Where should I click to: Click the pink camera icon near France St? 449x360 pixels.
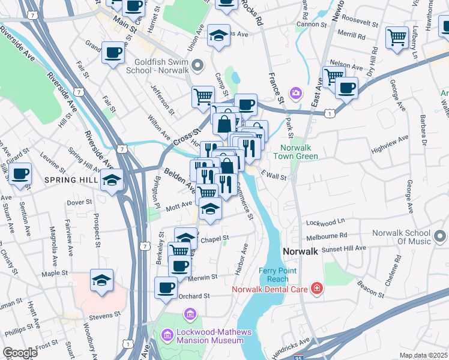pyautogui.click(x=295, y=92)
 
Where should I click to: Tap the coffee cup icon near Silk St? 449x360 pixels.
pyautogui.click(x=20, y=175)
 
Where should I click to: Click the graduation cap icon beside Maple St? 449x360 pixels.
pyautogui.click(x=102, y=280)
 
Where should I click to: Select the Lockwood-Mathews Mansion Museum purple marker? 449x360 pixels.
pyautogui.click(x=190, y=314)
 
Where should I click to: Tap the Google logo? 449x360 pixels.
pyautogui.click(x=20, y=352)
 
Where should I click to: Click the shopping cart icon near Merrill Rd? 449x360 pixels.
pyautogui.click(x=397, y=37)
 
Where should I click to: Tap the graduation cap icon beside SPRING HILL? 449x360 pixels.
pyautogui.click(x=113, y=180)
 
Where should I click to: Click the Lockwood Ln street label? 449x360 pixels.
pyautogui.click(x=325, y=221)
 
